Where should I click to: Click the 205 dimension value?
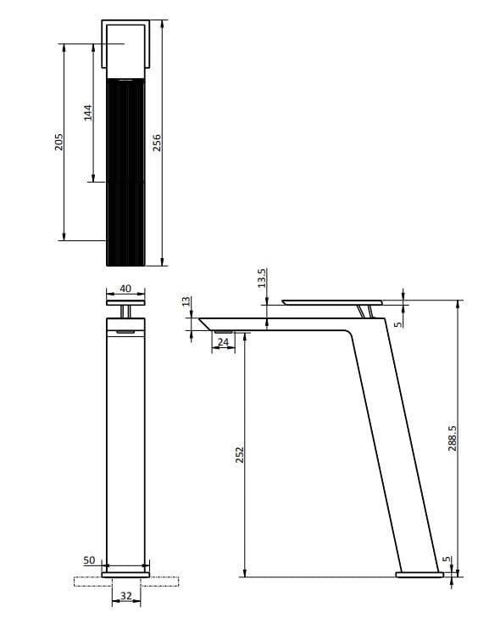coord(58,142)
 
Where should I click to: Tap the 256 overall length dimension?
coord(157,143)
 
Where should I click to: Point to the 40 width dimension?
coord(125,289)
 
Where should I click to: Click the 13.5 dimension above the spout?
coord(262,278)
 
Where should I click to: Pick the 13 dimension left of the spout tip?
coord(186,303)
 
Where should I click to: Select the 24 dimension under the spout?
coord(223,342)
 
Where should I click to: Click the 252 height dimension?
coord(239,456)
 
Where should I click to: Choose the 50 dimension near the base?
coord(89,561)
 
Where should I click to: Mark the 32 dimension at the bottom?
coord(125,596)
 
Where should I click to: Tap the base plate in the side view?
coord(420,575)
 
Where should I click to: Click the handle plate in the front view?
coord(125,301)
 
